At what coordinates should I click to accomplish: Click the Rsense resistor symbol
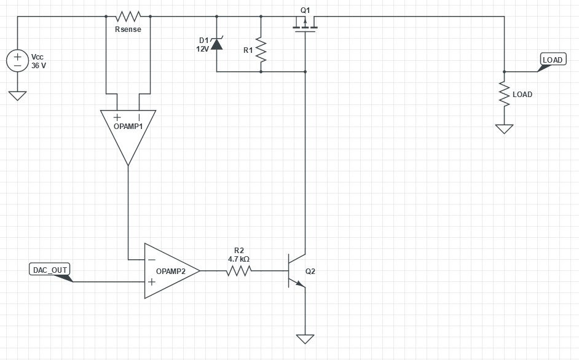128,16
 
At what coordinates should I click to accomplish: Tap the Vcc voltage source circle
17,60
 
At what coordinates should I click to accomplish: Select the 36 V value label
39,65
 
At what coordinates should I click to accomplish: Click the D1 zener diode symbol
216,44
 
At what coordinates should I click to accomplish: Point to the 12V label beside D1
202,49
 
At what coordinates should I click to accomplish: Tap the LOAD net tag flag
552,60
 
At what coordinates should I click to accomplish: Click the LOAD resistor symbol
505,95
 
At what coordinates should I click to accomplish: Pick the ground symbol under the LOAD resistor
505,128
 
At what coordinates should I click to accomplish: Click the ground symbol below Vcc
17,95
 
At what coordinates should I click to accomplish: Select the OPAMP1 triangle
128,132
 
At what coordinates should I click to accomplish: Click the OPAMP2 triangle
168,271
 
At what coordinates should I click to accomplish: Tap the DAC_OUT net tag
50,270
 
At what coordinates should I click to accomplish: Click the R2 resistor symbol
239,270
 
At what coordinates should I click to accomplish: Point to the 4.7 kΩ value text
238,259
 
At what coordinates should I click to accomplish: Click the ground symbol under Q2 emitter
305,338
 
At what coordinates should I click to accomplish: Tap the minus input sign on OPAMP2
151,260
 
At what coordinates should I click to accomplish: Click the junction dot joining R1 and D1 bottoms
261,72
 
